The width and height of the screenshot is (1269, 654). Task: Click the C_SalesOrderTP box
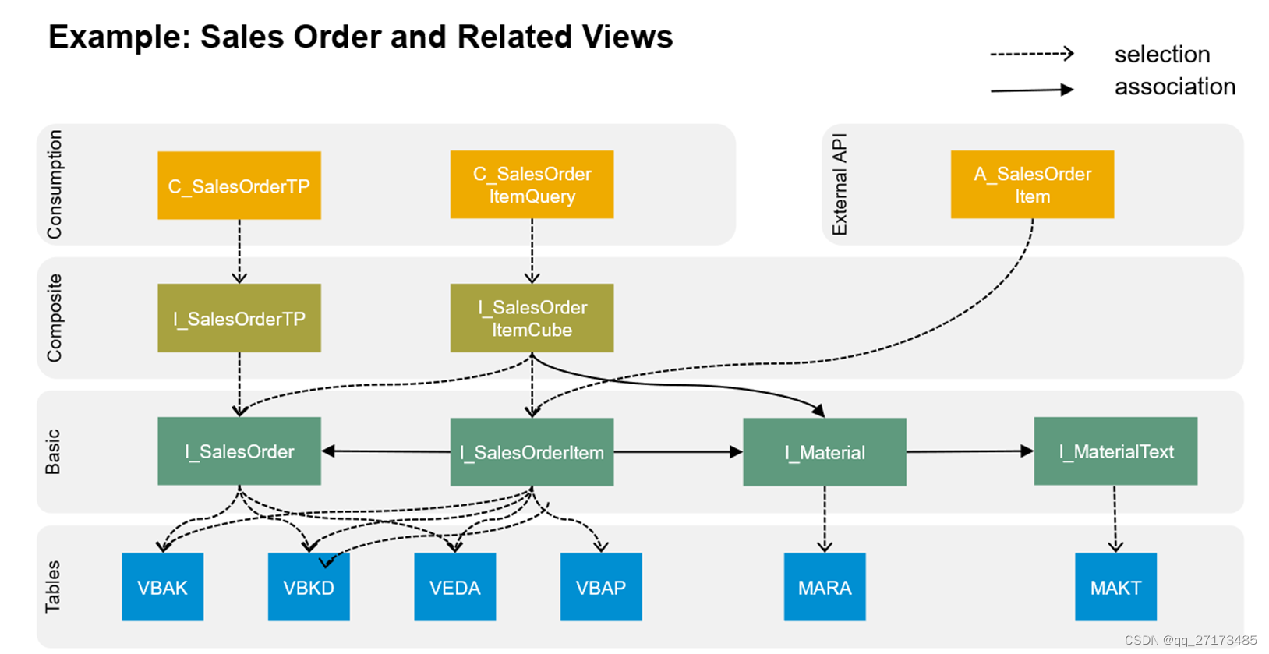coord(239,186)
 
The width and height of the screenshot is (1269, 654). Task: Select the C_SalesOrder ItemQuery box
coord(532,185)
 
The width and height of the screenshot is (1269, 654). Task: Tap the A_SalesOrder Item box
coord(1032,185)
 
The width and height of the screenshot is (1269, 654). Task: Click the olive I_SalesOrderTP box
coord(239,318)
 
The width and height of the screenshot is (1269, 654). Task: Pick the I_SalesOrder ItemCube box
coord(532,318)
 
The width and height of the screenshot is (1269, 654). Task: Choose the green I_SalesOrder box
coord(239,451)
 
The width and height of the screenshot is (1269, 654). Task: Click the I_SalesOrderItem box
coord(532,452)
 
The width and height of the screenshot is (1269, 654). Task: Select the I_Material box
coord(824,452)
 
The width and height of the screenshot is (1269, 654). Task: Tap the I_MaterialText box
coord(1115,451)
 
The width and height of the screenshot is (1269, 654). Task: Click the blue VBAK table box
coord(162,587)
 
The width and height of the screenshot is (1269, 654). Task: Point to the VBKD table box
coord(309,587)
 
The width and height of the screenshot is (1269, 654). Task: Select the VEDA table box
coord(454,587)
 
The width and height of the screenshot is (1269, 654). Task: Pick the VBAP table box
coord(601,587)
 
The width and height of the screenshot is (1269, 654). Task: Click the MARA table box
coord(824,587)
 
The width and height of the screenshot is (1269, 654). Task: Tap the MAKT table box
coord(1115,587)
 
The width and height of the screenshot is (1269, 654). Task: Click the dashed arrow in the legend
coord(1031,54)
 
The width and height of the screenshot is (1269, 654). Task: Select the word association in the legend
coord(1175,87)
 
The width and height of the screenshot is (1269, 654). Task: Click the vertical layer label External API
coord(840,185)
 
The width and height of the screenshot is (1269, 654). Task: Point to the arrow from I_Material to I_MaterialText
coord(970,451)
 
